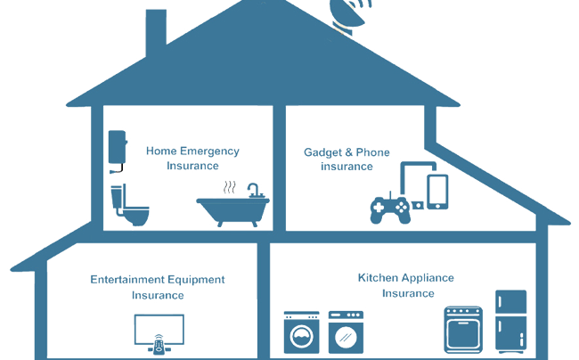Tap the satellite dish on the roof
(347, 12)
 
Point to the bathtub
(231, 210)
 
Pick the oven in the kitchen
(465, 331)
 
